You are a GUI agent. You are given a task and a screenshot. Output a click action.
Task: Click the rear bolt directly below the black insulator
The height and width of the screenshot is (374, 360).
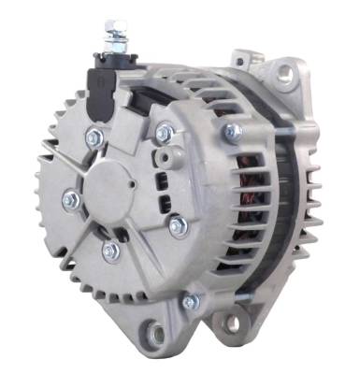(x=94, y=137)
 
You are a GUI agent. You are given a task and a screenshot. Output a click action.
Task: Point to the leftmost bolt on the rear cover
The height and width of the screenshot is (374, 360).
(x=70, y=198)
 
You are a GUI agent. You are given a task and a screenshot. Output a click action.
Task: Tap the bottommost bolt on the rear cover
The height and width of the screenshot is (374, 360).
(x=111, y=250)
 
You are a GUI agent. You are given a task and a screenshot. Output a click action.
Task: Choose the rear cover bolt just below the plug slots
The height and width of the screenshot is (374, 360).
(x=178, y=223)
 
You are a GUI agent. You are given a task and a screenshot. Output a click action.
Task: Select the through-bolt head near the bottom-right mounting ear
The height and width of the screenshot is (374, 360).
(x=191, y=301)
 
